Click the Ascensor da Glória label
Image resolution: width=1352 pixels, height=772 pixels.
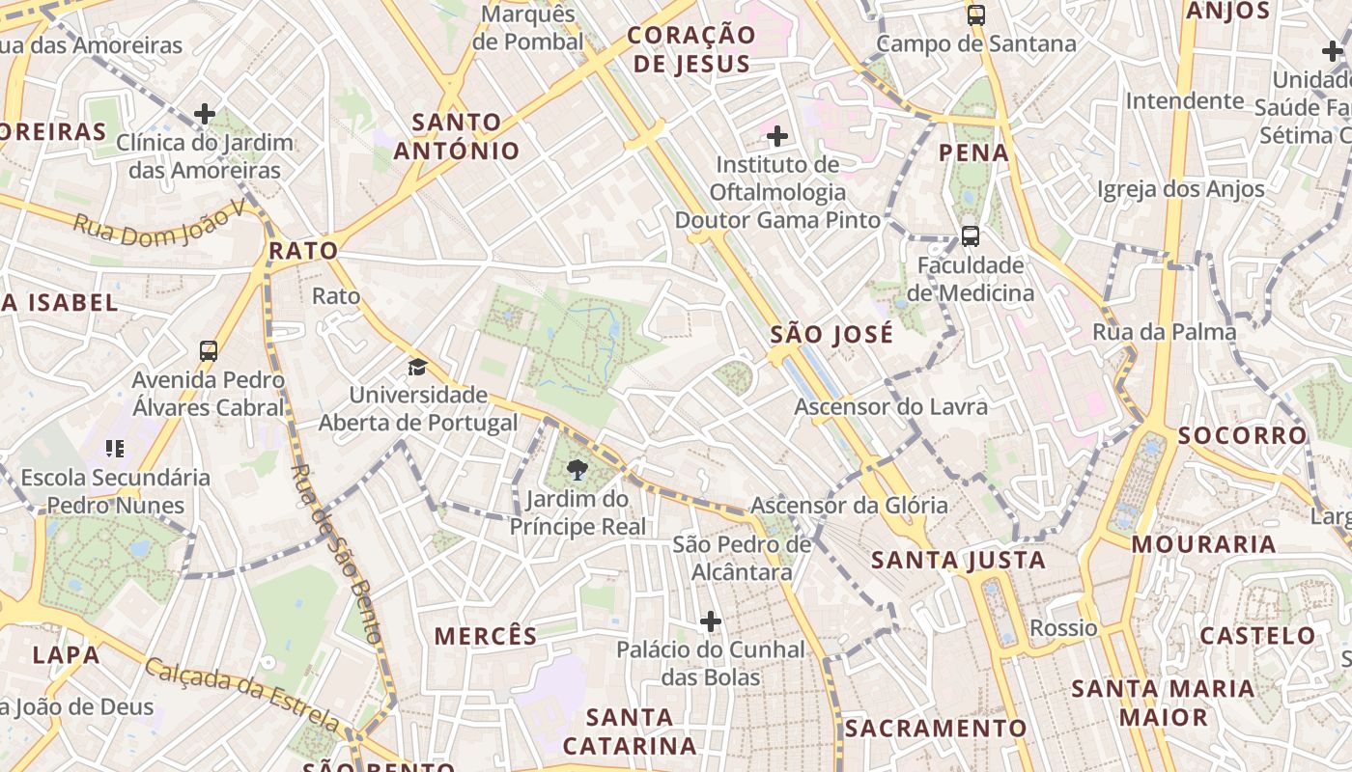[x=849, y=505]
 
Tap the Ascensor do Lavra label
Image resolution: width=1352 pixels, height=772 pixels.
[x=890, y=406]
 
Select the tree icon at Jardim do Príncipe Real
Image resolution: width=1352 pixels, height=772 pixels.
[x=577, y=470]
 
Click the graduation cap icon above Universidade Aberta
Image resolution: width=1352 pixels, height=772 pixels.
[x=417, y=367]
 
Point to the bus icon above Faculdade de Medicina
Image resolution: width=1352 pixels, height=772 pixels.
[x=971, y=235]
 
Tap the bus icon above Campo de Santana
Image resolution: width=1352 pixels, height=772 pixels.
[x=976, y=15]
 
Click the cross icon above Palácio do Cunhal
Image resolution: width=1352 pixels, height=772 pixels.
[x=711, y=621]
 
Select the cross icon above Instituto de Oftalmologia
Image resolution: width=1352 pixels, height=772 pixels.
[x=776, y=136]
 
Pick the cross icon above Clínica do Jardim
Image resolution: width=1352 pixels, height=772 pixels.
[x=205, y=114]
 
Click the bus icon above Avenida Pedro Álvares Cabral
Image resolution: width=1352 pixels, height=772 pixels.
[x=209, y=351]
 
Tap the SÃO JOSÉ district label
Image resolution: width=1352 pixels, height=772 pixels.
[x=831, y=335]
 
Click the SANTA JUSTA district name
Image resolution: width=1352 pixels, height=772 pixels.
[x=958, y=560]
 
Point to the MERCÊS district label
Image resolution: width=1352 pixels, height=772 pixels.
[x=485, y=636]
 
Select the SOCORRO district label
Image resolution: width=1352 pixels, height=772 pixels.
[x=1242, y=435]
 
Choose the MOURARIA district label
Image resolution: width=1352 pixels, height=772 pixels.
[x=1203, y=544]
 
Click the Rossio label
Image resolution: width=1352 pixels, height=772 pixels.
[x=1063, y=628]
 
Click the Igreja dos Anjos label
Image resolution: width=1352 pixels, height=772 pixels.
[x=1180, y=189]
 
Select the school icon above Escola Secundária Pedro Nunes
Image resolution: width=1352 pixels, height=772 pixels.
[x=115, y=449]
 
